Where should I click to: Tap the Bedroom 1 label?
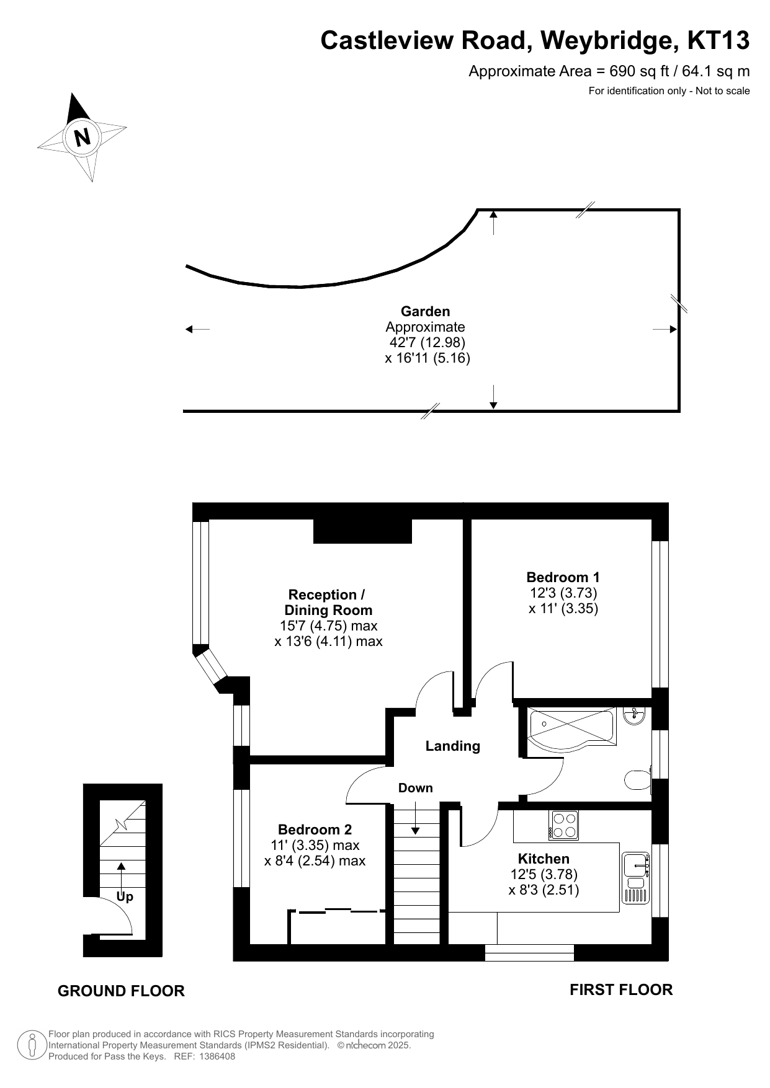[x=563, y=577]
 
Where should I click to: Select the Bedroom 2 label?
[x=315, y=829]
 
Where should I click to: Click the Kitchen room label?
[x=544, y=859]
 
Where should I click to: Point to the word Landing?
[x=452, y=746]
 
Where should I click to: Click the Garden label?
[x=425, y=311]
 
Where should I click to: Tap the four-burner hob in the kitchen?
[x=563, y=825]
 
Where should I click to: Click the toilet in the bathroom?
[x=637, y=780]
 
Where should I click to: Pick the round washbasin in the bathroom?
[x=635, y=716]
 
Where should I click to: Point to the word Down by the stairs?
[x=416, y=788]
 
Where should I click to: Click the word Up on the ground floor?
[x=125, y=897]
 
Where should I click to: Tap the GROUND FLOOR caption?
[x=121, y=991]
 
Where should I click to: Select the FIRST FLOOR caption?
[x=621, y=989]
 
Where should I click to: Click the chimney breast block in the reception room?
[x=362, y=531]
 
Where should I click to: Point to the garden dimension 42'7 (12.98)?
[x=427, y=342]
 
